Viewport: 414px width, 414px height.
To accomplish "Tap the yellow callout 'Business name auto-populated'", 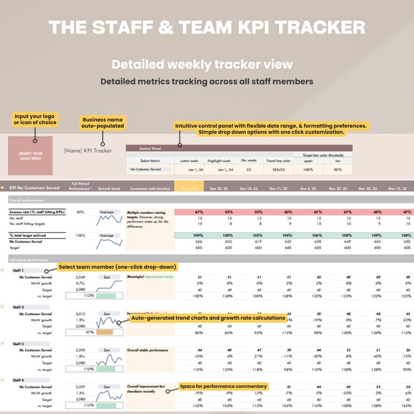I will [103, 123].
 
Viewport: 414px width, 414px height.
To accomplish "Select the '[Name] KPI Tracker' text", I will [88, 151].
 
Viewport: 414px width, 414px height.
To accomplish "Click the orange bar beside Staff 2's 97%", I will [105, 332].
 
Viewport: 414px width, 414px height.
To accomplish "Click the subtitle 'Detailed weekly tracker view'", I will [202, 65].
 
